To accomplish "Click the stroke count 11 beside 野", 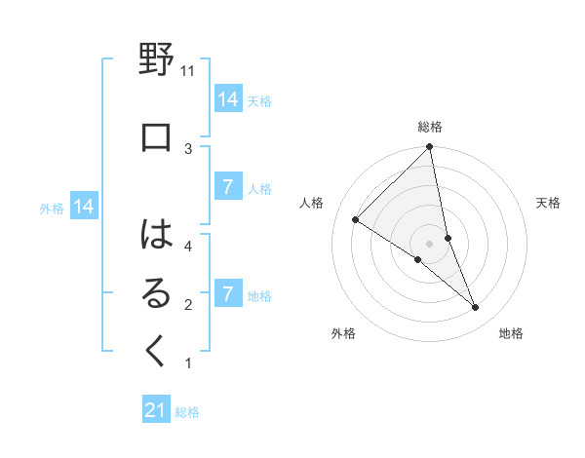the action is click(188, 71).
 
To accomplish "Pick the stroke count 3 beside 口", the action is click(188, 148).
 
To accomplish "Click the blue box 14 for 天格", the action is click(227, 99).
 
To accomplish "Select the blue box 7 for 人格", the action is click(227, 187).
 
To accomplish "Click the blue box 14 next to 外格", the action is click(84, 207).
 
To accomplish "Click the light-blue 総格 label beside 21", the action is click(187, 412).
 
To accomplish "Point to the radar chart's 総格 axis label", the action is click(430, 127).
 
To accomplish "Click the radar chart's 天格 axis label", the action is click(549, 203).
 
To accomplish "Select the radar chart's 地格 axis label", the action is click(511, 333).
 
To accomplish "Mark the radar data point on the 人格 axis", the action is click(356, 219).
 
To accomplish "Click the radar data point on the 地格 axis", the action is click(475, 307).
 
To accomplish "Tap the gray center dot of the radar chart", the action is click(429, 243).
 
